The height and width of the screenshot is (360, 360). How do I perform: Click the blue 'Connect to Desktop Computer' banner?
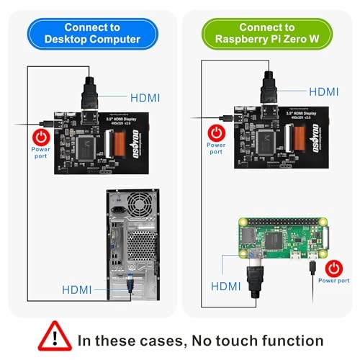point(91,32)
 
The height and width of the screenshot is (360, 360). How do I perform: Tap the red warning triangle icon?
point(59,337)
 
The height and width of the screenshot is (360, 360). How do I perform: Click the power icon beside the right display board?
point(216,132)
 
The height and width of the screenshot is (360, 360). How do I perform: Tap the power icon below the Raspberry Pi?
point(333,266)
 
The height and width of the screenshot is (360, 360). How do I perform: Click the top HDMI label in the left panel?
point(145,96)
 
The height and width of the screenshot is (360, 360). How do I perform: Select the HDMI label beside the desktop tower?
point(76,289)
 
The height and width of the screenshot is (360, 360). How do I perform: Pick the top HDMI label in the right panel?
point(323,91)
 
